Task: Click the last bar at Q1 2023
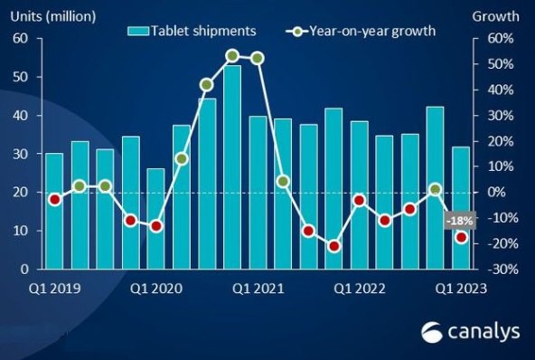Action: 461,208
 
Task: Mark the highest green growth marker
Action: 232,56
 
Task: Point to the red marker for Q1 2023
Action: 461,238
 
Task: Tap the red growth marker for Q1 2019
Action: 54,199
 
